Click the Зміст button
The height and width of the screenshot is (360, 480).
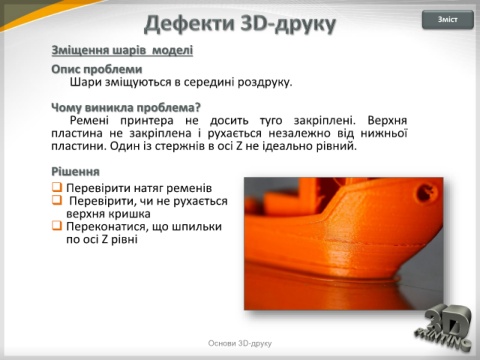click(448, 20)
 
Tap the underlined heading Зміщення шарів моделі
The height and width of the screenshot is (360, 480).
click(122, 50)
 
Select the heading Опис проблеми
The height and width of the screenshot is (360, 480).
click(97, 69)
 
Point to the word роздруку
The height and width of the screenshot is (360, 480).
click(265, 82)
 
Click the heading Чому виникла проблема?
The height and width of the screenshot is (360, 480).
click(126, 108)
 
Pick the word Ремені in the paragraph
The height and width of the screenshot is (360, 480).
click(89, 120)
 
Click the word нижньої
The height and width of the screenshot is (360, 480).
click(384, 133)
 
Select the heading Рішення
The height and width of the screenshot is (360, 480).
click(75, 172)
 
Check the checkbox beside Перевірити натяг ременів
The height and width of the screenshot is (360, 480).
click(57, 187)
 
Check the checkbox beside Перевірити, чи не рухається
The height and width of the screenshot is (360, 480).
click(57, 200)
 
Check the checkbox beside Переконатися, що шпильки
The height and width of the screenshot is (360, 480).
click(57, 226)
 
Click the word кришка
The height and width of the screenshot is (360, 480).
click(128, 214)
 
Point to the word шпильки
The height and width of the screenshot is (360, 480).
click(196, 227)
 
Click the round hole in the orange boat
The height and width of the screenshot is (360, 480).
click(422, 191)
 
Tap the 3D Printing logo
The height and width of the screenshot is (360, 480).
click(444, 328)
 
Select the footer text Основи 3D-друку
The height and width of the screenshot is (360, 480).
click(240, 343)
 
